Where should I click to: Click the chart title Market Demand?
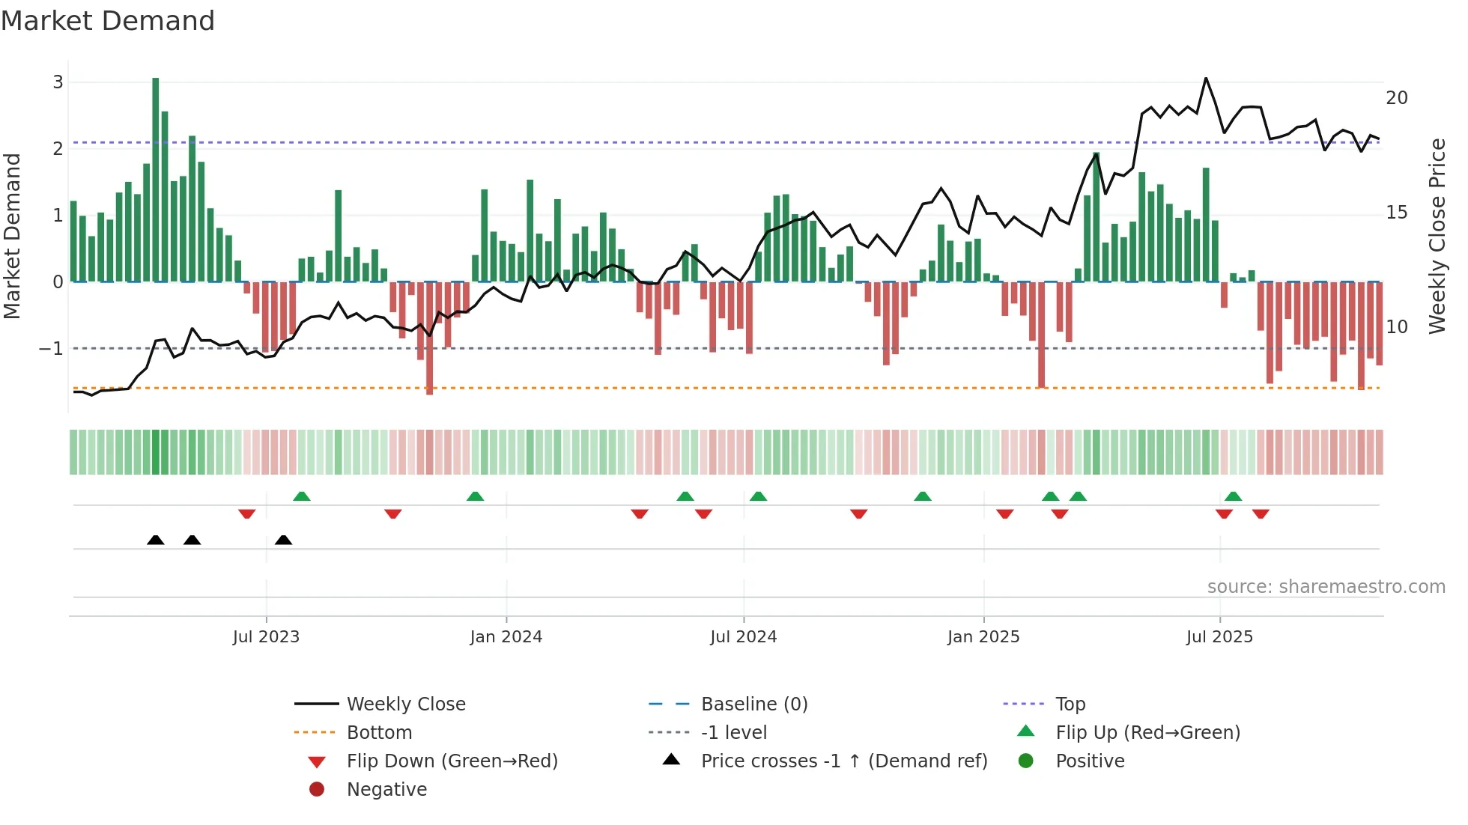pyautogui.click(x=108, y=21)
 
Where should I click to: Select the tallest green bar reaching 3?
pyautogui.click(x=156, y=180)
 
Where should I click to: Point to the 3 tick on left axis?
pyautogui.click(x=58, y=82)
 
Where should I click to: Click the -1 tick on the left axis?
pyautogui.click(x=51, y=349)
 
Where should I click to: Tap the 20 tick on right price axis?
pyautogui.click(x=1396, y=98)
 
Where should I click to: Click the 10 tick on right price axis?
pyautogui.click(x=1396, y=327)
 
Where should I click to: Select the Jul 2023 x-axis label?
pyautogui.click(x=266, y=637)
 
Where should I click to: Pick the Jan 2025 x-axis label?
pyautogui.click(x=983, y=637)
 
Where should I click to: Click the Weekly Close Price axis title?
pyautogui.click(x=1437, y=236)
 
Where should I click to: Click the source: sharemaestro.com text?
pyautogui.click(x=1326, y=587)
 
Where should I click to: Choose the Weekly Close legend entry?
pyautogui.click(x=405, y=704)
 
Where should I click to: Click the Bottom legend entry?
pyautogui.click(x=379, y=733)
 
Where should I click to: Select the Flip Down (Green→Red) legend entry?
pyautogui.click(x=452, y=761)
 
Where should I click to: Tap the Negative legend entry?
pyautogui.click(x=386, y=790)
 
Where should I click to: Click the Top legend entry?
pyautogui.click(x=1070, y=704)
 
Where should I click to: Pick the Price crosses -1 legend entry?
pyautogui.click(x=843, y=761)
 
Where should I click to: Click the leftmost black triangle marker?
pyautogui.click(x=156, y=540)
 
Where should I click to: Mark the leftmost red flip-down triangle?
pyautogui.click(x=247, y=514)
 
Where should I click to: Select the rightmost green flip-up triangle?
pyautogui.click(x=1233, y=496)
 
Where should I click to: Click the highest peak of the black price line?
pyautogui.click(x=1206, y=79)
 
